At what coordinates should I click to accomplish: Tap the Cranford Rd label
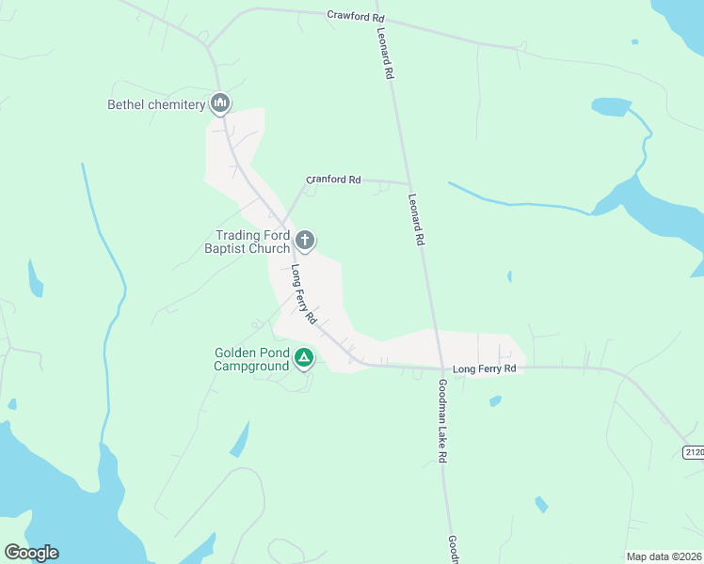click(x=334, y=179)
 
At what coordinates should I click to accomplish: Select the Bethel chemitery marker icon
click(x=220, y=102)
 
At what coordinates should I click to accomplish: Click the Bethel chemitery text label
click(x=156, y=104)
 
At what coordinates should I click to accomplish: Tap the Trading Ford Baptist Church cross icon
click(x=305, y=241)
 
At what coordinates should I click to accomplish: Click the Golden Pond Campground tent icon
click(x=304, y=357)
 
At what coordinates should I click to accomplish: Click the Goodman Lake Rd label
click(x=441, y=420)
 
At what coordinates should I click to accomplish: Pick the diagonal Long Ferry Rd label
click(x=303, y=294)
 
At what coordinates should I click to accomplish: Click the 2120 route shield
click(x=694, y=453)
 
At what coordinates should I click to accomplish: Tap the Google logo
click(x=31, y=553)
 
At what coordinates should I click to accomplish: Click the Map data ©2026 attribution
click(x=664, y=556)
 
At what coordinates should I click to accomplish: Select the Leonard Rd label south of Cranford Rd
click(x=416, y=220)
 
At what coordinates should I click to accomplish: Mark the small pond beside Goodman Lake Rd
click(x=495, y=401)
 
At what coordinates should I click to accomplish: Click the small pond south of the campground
click(x=241, y=439)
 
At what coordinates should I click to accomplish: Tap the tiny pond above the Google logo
click(x=11, y=404)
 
